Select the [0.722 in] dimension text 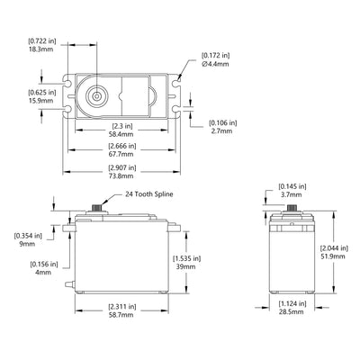pos(40,41)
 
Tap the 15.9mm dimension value pos(39,100)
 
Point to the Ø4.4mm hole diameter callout pos(214,64)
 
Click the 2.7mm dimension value pos(221,131)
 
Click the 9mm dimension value pos(26,243)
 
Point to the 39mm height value pos(186,266)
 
